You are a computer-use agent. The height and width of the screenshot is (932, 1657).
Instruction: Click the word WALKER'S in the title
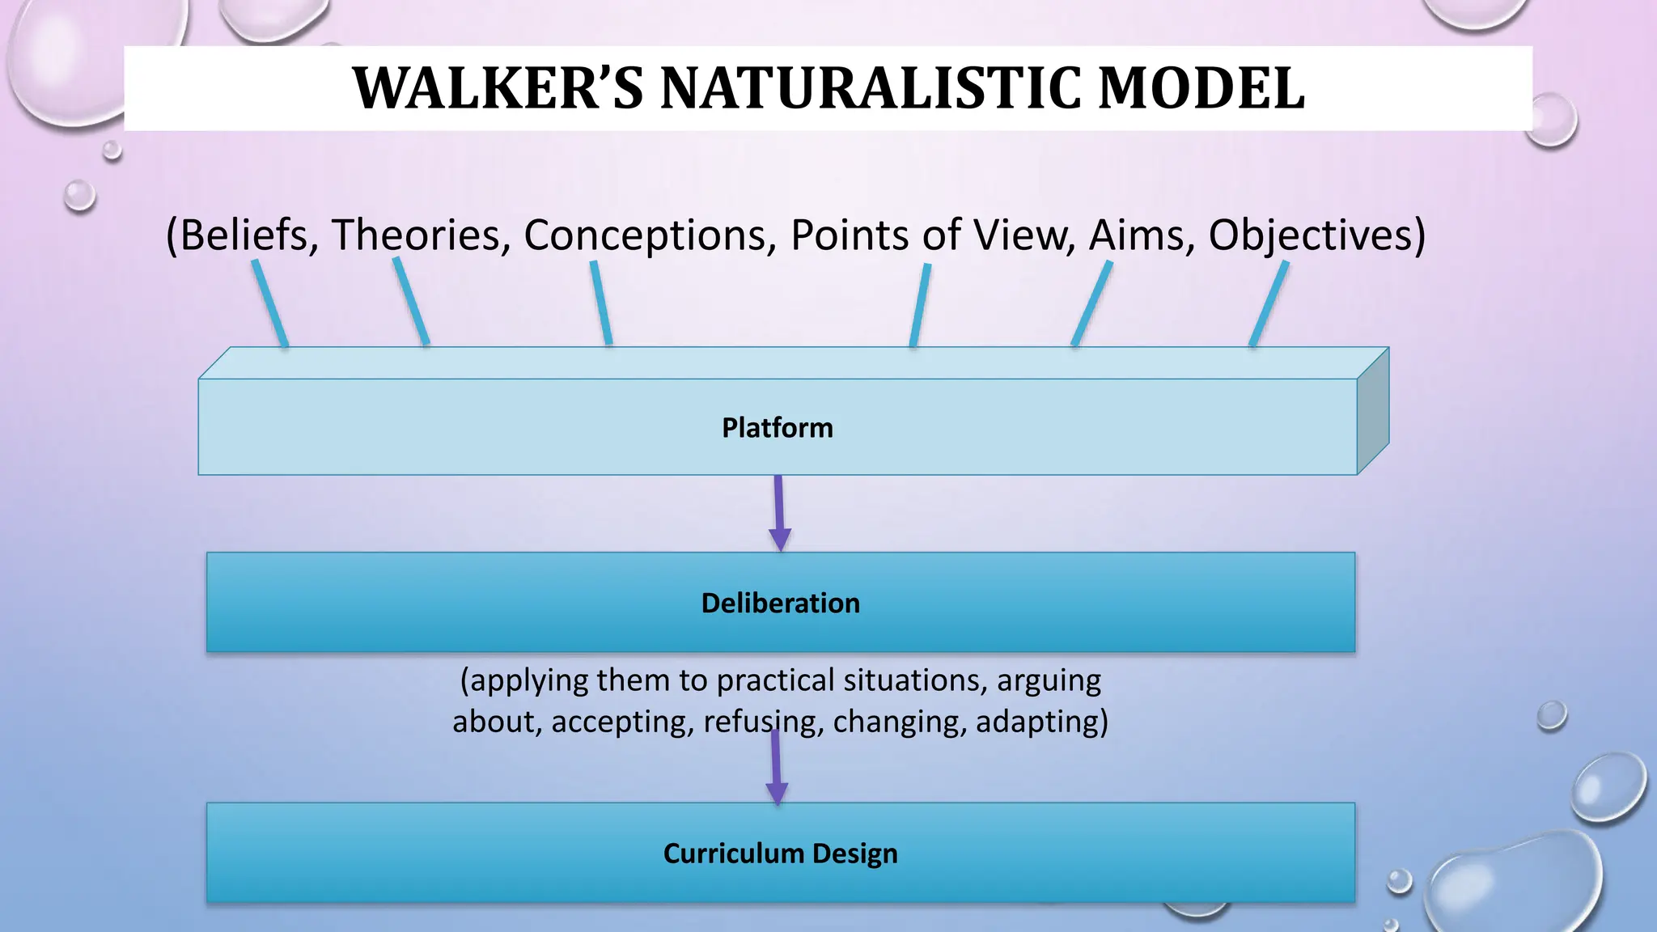(498, 88)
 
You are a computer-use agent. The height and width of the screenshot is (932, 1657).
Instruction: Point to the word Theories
(421, 235)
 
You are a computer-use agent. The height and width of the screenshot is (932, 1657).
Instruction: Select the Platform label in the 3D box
(777, 427)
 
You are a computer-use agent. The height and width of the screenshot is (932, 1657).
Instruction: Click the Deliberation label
(780, 604)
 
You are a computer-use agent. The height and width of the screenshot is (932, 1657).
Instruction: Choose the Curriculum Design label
(780, 854)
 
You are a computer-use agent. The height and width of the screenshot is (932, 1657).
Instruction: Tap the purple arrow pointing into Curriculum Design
(776, 769)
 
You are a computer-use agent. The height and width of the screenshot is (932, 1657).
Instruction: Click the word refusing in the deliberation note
(763, 721)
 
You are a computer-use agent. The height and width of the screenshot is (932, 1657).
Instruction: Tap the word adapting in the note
(1040, 721)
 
